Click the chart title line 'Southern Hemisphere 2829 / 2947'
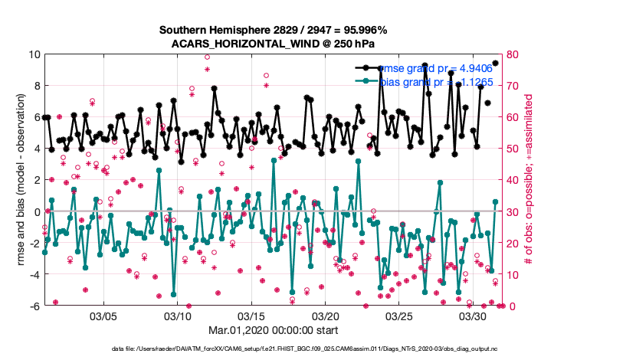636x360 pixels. point(273,30)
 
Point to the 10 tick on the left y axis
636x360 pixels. point(34,54)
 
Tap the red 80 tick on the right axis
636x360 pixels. point(513,54)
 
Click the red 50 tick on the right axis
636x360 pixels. point(513,149)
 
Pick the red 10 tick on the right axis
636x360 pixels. point(513,274)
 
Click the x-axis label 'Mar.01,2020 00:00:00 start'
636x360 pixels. point(272,330)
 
